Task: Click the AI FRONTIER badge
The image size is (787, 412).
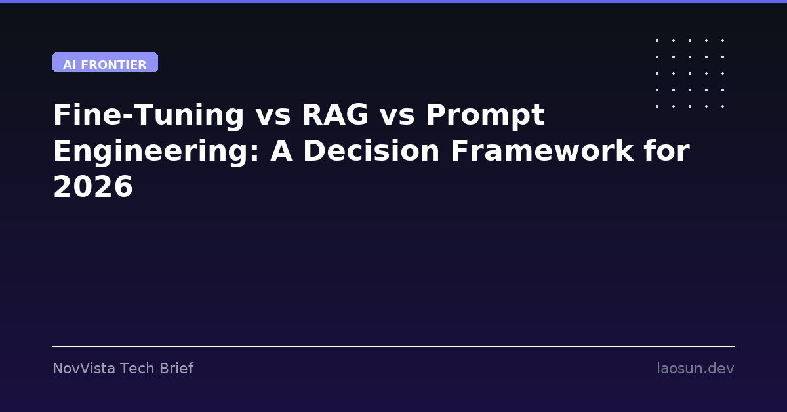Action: [x=105, y=62]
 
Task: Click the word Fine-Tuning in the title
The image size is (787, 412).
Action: [x=149, y=115]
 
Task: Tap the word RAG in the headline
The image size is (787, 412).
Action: [x=336, y=115]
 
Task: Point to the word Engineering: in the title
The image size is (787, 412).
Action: [x=156, y=152]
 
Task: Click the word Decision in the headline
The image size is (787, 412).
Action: [x=371, y=151]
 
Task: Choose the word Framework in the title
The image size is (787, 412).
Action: [x=542, y=151]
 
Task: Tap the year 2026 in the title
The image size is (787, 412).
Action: [x=93, y=187]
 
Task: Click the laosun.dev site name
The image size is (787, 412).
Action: [x=695, y=369]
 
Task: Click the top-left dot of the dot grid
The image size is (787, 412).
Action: [x=657, y=41]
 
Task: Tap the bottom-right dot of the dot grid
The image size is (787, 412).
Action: [x=723, y=106]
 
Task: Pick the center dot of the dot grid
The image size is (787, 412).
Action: [x=690, y=73]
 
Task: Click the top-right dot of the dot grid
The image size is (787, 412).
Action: [x=723, y=41]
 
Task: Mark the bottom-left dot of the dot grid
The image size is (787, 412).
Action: [x=657, y=106]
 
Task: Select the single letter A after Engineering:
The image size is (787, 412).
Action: [x=281, y=151]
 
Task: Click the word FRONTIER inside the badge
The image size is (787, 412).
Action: [x=114, y=65]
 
